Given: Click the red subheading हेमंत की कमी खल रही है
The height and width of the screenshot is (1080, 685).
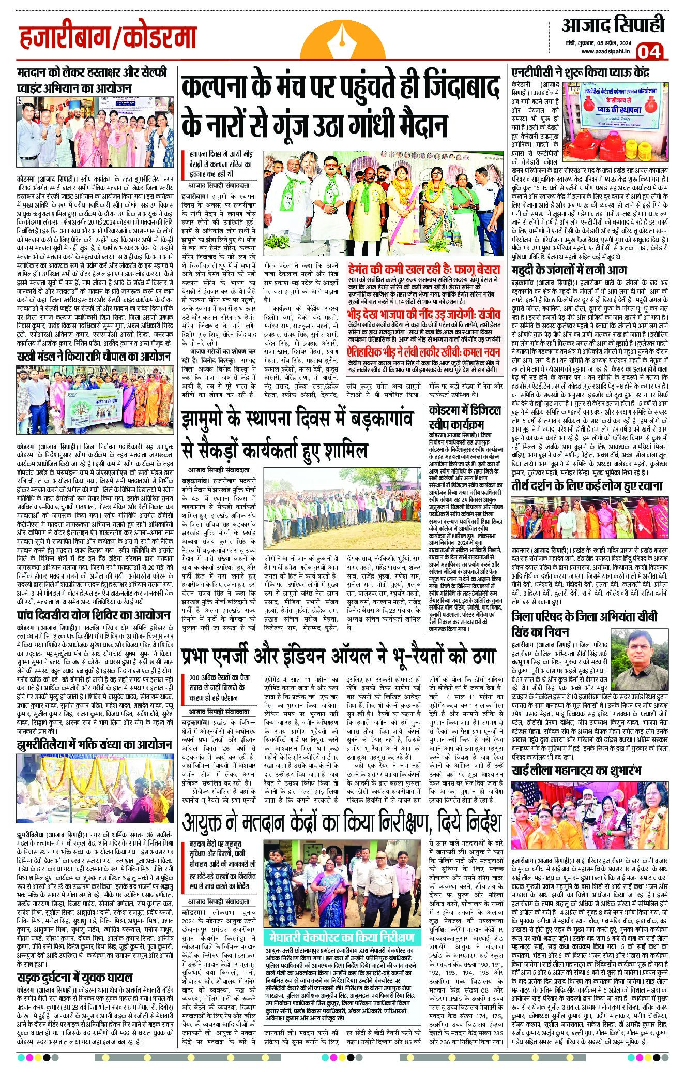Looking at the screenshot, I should tap(424, 270).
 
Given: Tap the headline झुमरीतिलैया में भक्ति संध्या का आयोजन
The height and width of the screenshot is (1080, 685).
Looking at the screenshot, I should tap(94, 744).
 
